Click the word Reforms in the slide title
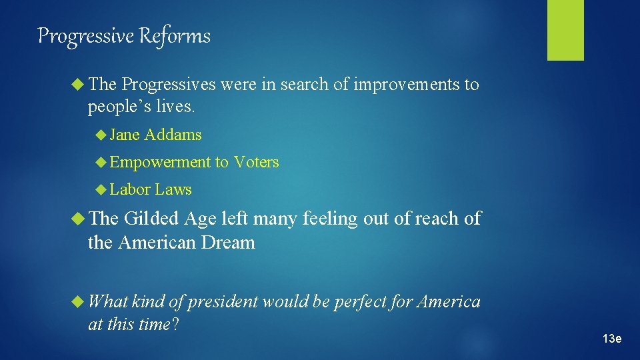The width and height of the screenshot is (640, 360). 175,36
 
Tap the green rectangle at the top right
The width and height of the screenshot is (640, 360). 565,29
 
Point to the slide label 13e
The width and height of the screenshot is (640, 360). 611,339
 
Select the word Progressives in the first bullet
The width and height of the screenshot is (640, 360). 169,85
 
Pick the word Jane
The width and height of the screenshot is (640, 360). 125,135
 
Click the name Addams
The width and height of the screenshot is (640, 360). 173,135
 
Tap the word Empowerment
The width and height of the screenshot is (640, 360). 159,162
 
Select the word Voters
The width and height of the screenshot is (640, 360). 256,162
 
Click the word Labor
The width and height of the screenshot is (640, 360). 130,190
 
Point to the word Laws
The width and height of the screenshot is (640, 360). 173,190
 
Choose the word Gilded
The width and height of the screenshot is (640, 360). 151,219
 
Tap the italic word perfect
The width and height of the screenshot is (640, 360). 361,303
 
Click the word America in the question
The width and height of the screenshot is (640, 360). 449,303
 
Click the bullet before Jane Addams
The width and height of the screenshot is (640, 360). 101,135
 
